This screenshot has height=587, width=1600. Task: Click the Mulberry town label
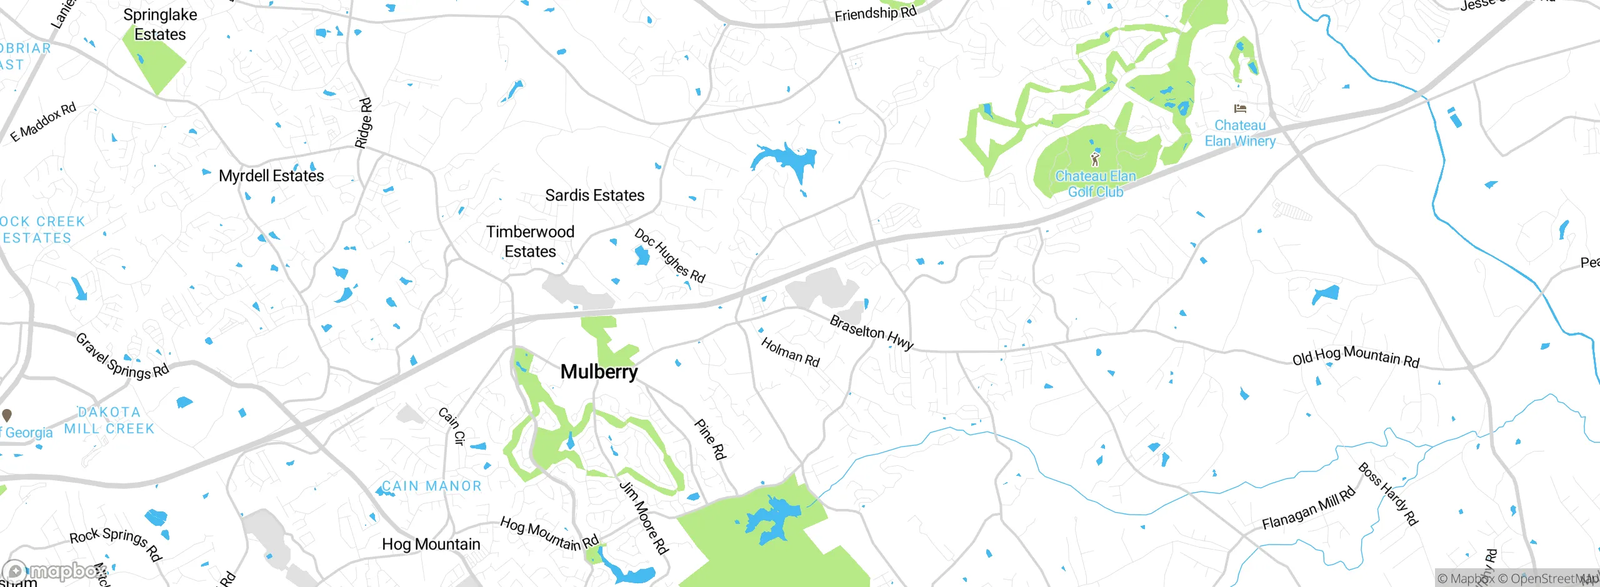[599, 372]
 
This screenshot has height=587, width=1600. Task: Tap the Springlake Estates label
[160, 25]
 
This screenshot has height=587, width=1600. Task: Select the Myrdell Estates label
[271, 176]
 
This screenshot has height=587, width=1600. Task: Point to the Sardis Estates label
[594, 195]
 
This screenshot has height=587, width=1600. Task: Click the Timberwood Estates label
[530, 242]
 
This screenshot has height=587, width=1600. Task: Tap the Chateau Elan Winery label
[1240, 134]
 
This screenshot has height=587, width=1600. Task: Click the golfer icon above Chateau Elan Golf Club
[1094, 159]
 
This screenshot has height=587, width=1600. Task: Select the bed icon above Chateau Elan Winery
[1240, 109]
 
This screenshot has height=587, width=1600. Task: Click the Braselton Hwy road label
[871, 332]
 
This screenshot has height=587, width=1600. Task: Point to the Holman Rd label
[790, 352]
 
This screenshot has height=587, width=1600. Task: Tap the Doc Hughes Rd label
[669, 256]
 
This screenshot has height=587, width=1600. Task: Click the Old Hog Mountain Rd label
[1356, 357]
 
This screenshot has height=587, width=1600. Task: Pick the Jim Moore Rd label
[644, 517]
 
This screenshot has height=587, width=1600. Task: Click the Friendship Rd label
[875, 13]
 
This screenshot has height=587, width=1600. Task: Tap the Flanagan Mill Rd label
[1309, 508]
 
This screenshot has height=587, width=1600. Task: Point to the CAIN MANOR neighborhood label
[432, 486]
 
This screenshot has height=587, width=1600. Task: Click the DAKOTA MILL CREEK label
[109, 420]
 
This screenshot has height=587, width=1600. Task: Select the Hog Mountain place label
[431, 545]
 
